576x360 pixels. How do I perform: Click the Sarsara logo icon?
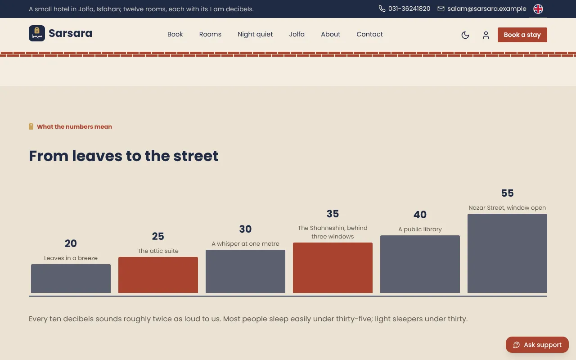pos(37,33)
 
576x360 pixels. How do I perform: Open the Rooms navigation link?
pos(210,34)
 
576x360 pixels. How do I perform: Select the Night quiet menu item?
pos(255,34)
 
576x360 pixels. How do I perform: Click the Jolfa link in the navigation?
pos(297,34)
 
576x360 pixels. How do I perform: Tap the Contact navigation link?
pos(369,34)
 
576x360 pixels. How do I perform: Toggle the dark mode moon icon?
pos(465,35)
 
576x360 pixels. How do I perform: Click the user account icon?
pos(486,35)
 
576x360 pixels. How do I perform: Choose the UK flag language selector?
pos(538,9)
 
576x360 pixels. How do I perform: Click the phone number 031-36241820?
pos(409,9)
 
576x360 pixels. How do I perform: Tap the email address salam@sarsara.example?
pos(487,9)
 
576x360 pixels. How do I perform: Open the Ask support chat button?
pos(537,345)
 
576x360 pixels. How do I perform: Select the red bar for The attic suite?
pos(158,275)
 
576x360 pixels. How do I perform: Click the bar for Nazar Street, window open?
pos(507,253)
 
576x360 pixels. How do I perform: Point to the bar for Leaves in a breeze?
pos(71,279)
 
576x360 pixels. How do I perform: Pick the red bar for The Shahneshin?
pos(333,268)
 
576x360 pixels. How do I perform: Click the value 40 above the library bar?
pos(420,215)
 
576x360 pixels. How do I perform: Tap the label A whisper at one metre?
pos(245,244)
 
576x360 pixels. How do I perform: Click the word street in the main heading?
pos(196,156)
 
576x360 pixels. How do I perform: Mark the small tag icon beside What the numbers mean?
pos(31,126)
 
